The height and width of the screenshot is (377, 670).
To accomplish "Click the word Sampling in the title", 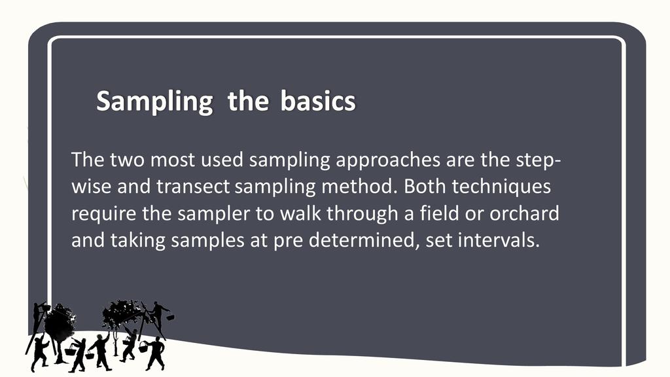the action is point(154,101).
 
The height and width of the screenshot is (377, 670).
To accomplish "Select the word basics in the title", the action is point(318,101).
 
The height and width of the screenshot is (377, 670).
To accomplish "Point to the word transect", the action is point(193,187).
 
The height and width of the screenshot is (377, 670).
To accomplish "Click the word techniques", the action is point(501,187).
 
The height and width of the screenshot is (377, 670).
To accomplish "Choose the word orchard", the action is point(524,213).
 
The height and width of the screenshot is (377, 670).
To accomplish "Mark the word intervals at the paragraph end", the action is point(499,240).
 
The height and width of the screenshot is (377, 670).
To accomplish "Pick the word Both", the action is point(423,186).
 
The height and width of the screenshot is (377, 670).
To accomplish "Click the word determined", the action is point(361,240).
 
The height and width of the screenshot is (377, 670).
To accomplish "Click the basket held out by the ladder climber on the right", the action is point(170,317).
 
